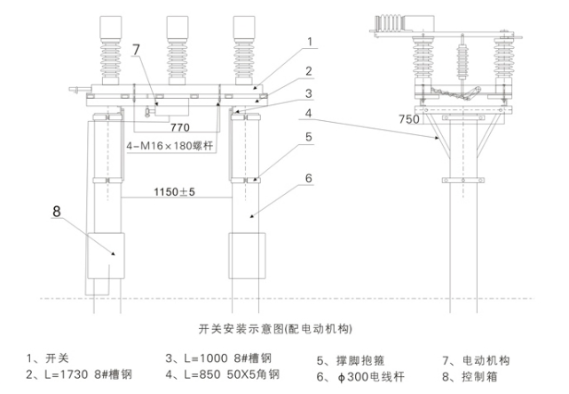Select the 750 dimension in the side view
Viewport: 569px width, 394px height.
410,119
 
